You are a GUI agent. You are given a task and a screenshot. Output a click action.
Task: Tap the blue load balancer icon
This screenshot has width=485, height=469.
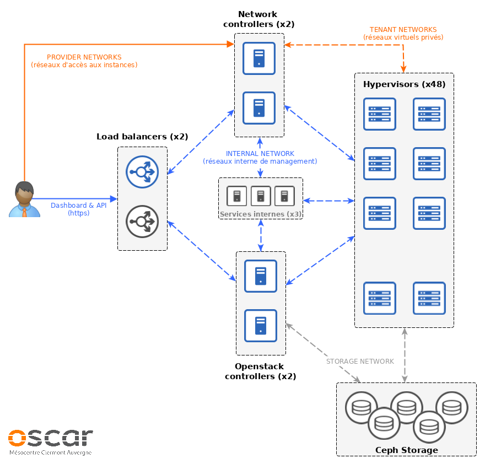pyautogui.click(x=142, y=172)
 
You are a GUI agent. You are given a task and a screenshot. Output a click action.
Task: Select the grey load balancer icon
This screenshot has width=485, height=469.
pyautogui.click(x=142, y=222)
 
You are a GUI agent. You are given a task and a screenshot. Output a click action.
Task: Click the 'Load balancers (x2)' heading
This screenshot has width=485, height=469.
pyautogui.click(x=142, y=137)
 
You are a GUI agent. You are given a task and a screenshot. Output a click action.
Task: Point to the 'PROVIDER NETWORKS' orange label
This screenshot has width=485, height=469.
pyautogui.click(x=84, y=57)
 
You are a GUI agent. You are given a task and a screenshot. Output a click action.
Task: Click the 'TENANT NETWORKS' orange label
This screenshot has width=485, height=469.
pyautogui.click(x=403, y=30)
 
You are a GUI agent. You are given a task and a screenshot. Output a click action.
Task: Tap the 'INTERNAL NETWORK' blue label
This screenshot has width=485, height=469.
pyautogui.click(x=260, y=154)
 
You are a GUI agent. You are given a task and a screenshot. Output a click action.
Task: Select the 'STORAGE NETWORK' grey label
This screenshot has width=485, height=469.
pyautogui.click(x=360, y=362)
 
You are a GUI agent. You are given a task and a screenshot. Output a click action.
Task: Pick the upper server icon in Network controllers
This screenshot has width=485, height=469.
pyautogui.click(x=259, y=58)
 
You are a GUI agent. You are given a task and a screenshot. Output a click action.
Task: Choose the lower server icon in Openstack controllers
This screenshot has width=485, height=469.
pyautogui.click(x=261, y=325)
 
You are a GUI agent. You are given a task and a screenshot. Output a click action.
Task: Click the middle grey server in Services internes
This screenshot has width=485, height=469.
pyautogui.click(x=261, y=196)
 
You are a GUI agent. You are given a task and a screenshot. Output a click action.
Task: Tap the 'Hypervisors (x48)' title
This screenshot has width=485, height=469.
pyautogui.click(x=404, y=84)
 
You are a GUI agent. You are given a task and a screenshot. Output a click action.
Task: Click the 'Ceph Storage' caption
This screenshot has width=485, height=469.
pyautogui.click(x=406, y=450)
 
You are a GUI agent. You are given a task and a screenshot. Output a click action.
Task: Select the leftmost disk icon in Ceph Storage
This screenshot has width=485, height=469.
pyautogui.click(x=361, y=408)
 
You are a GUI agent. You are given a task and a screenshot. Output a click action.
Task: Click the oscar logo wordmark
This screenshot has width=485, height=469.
pyautogui.click(x=51, y=438)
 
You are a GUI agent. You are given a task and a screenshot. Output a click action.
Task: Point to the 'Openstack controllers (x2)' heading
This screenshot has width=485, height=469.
pyautogui.click(x=260, y=371)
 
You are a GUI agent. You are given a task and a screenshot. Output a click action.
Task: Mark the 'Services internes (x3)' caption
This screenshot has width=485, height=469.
pyautogui.click(x=260, y=214)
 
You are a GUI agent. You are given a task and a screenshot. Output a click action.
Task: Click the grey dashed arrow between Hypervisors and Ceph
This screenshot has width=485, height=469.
pyautogui.click(x=405, y=355)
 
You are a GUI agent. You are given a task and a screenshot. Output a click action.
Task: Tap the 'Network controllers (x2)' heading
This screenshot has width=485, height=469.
pyautogui.click(x=258, y=19)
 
